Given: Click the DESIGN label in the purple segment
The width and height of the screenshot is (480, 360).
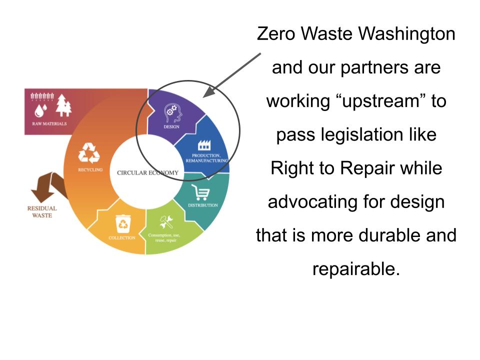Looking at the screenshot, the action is tap(171, 126).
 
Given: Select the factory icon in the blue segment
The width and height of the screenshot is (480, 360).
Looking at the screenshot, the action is tap(204, 145).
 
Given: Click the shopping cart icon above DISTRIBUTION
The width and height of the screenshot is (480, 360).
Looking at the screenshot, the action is tap(201, 192).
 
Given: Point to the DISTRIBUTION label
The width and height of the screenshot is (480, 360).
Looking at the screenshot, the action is tap(203, 205).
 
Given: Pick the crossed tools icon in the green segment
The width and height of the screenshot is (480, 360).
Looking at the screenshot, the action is tap(166, 222).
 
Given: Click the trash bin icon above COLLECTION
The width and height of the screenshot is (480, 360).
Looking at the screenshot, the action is tap(123, 224).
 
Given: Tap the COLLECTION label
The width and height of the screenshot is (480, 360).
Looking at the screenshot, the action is tap(122, 238).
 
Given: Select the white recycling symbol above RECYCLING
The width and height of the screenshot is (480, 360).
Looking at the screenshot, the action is tap(89, 153).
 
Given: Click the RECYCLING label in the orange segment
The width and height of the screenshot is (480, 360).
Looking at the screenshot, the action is tap(90, 170).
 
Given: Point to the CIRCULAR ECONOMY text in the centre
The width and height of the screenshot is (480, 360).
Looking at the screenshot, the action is tap(147, 173).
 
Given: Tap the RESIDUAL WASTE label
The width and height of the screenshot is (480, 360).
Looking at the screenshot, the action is tap(42, 212).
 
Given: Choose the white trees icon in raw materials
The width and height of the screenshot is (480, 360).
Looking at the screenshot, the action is tap(63, 105).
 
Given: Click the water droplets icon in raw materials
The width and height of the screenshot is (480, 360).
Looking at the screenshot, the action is tap(40, 111).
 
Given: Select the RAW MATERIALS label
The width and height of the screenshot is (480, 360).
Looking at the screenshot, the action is tap(49, 123).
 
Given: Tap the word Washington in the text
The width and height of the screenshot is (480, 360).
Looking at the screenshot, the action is tap(406, 33).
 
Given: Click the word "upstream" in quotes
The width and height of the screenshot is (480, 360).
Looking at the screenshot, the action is tap(380, 101).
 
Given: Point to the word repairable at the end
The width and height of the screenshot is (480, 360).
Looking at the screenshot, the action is tap(356, 269).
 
